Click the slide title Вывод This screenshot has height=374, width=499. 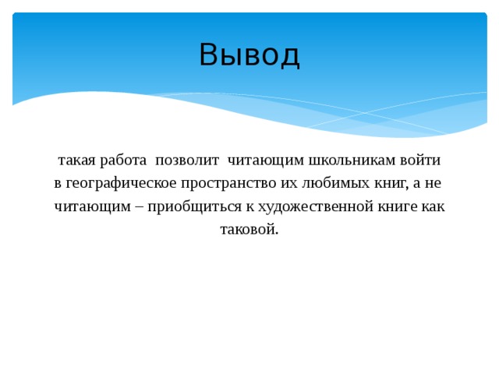[x=249, y=55]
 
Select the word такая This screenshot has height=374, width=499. [x=75, y=161]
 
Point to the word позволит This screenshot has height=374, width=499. [x=186, y=161]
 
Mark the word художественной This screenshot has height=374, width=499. [x=299, y=207]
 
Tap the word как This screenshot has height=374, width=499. [x=432, y=207]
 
